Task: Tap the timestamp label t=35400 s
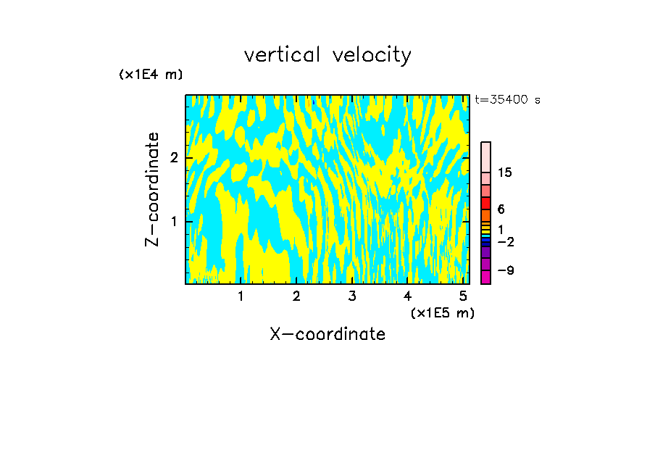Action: tap(507, 100)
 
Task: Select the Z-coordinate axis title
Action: tap(152, 189)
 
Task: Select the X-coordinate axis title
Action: tap(327, 334)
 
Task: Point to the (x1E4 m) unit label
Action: tap(151, 75)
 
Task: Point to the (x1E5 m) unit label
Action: tap(442, 312)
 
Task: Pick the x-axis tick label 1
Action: tap(241, 296)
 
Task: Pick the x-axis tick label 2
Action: tap(296, 296)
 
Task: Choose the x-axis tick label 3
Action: tap(352, 296)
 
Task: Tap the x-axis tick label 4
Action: tap(407, 296)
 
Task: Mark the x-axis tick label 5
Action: tap(463, 296)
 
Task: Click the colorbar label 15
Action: tap(505, 172)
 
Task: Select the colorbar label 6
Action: tap(501, 209)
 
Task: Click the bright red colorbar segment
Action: tap(486, 203)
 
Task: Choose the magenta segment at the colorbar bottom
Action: tap(486, 277)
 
